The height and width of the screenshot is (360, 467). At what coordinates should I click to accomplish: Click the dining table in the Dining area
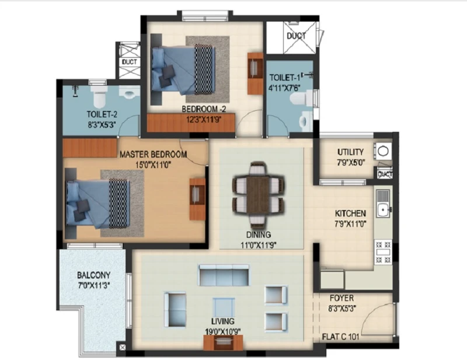[258, 195]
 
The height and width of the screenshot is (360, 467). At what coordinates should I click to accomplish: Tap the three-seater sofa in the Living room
[224, 275]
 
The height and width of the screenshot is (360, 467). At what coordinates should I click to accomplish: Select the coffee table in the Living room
[224, 308]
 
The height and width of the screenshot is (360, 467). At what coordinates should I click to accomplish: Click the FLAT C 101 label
[341, 337]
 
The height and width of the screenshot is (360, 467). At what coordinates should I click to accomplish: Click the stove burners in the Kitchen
[383, 252]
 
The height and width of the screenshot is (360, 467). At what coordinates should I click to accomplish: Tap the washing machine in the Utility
[383, 151]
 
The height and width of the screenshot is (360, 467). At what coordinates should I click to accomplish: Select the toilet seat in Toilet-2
[99, 97]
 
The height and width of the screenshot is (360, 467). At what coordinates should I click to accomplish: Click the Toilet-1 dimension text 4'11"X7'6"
[284, 88]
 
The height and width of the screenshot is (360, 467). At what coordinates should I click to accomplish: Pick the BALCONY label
[93, 275]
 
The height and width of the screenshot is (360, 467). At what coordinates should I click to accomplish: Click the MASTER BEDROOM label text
[154, 154]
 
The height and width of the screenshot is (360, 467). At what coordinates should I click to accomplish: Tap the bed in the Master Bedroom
[97, 204]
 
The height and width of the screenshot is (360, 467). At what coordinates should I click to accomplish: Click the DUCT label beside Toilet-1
[297, 36]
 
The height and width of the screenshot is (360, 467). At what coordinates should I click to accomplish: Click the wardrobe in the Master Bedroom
[90, 148]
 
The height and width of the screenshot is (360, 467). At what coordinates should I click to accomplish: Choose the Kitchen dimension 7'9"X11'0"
[351, 223]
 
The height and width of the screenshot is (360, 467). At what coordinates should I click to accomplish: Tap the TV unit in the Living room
[224, 342]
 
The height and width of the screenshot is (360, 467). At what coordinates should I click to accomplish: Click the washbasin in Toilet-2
[130, 92]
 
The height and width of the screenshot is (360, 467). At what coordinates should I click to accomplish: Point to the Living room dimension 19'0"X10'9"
[223, 331]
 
